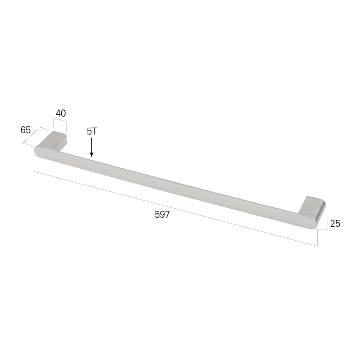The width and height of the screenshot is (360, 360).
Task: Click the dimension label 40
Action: coord(61,113)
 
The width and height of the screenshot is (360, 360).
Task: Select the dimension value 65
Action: coord(26,130)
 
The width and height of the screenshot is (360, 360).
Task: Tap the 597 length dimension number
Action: coord(162,215)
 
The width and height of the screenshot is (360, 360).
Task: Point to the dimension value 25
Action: coord(335,223)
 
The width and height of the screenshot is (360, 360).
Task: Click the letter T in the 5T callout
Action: coord(94,131)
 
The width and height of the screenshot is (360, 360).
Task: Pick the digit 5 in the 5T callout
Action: coord(89,131)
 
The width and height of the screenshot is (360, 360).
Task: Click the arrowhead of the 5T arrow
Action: coord(91,154)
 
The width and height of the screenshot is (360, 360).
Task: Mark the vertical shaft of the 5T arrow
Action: coord(91,144)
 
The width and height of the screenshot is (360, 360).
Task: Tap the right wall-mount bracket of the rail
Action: coord(312,206)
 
